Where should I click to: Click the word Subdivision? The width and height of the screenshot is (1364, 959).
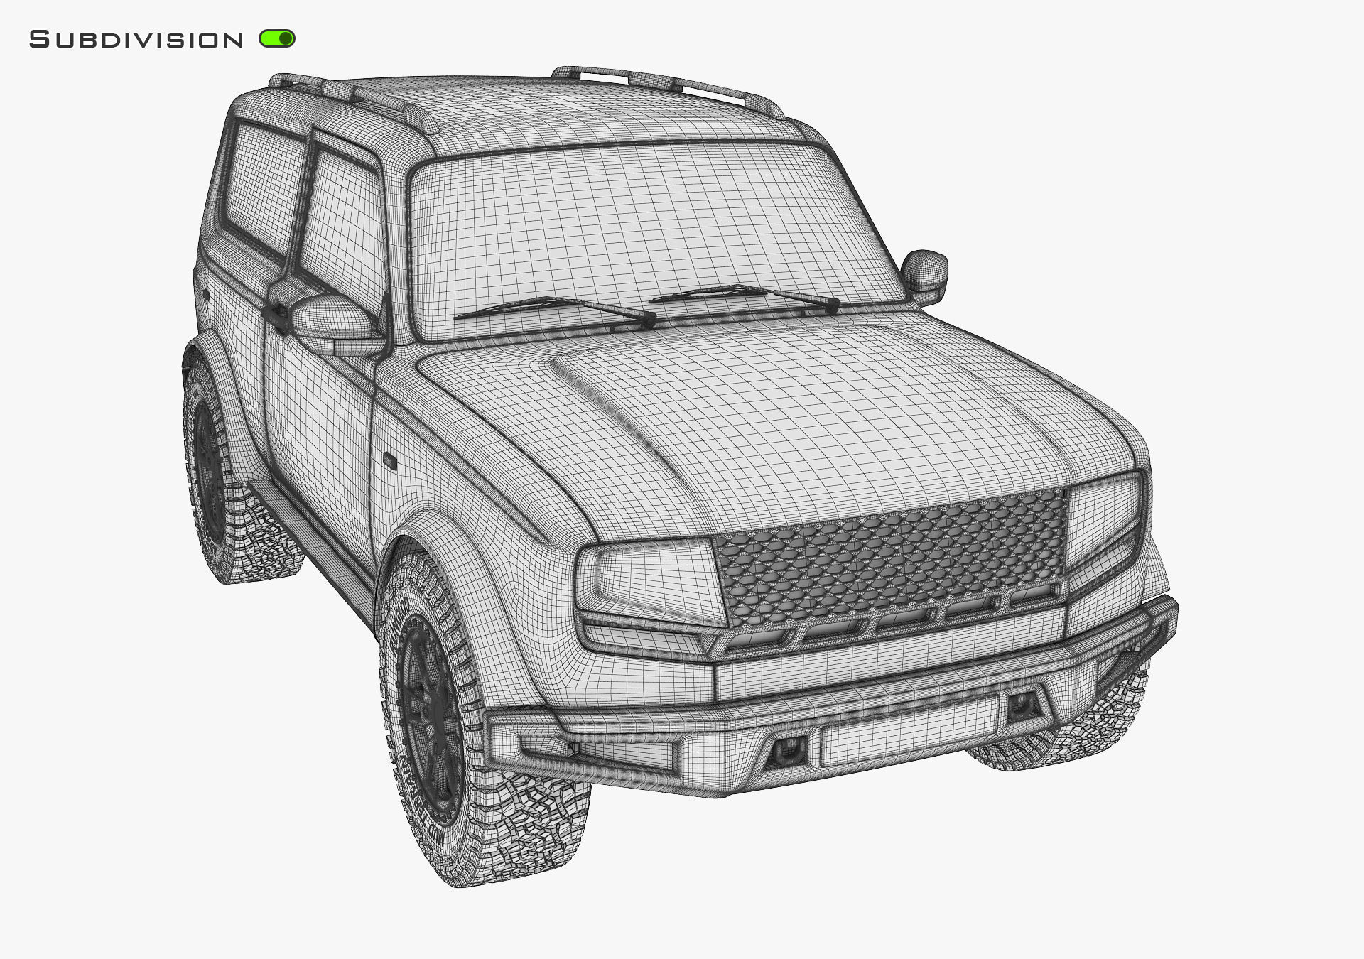pos(136,40)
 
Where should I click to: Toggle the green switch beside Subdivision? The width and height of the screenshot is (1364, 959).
pos(277,38)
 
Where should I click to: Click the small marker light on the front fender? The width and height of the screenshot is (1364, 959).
pos(390,460)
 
